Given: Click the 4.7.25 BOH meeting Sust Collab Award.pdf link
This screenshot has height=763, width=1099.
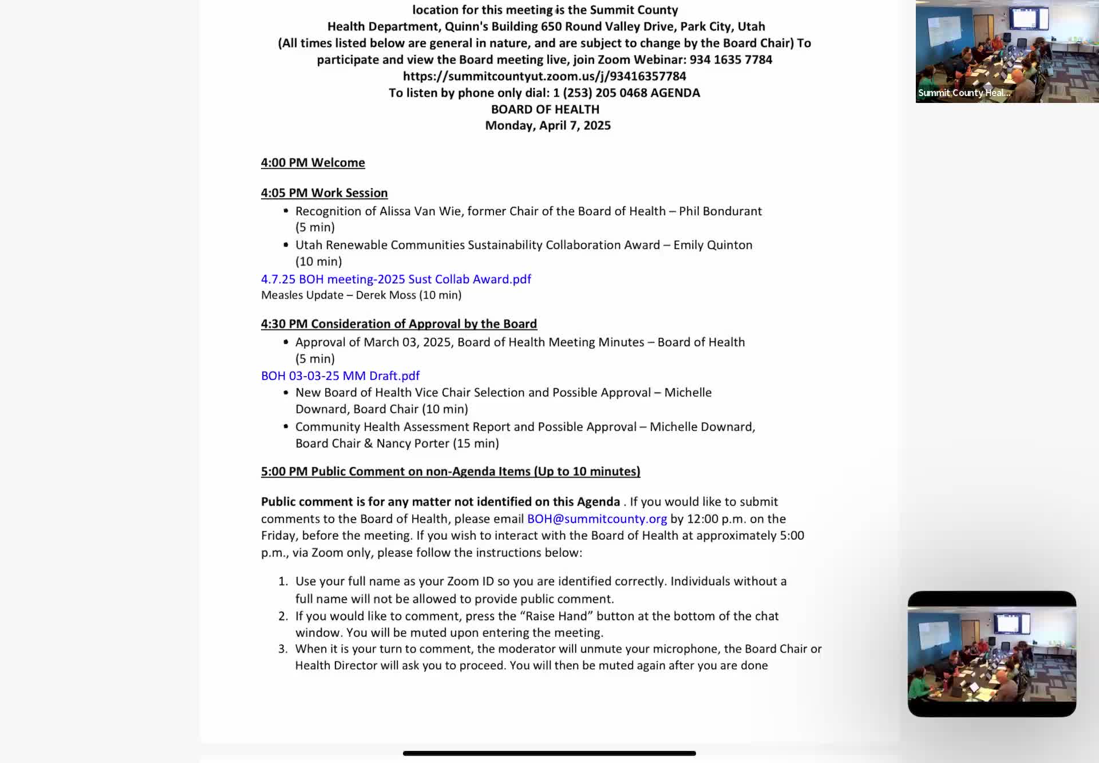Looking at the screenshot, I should [x=396, y=279].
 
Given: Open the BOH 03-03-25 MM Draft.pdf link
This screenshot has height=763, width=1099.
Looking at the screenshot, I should [x=340, y=376].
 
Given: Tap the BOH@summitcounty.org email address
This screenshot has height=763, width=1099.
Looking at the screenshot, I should [x=596, y=519].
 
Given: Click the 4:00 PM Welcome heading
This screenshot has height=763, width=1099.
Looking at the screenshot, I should [x=313, y=162].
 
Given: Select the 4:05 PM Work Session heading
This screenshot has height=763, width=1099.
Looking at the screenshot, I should [x=324, y=193].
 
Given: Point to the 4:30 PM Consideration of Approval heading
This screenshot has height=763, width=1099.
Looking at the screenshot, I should [x=398, y=324].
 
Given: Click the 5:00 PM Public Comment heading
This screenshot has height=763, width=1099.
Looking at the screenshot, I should [x=450, y=471].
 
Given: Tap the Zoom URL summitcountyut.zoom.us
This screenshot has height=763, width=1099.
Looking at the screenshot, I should [x=544, y=76].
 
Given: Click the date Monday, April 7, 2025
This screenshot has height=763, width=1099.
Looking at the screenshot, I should [x=548, y=125].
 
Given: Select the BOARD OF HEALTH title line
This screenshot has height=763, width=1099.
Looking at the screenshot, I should [x=545, y=109].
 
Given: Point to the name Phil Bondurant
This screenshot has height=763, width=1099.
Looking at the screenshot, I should [x=720, y=211].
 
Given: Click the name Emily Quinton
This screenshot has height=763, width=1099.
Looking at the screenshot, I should [x=713, y=245].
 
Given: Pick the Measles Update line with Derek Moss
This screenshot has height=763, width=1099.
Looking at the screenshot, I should [x=361, y=295].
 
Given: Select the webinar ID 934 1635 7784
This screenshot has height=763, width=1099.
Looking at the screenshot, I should [x=730, y=59].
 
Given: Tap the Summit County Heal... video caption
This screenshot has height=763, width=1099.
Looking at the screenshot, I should [x=964, y=93].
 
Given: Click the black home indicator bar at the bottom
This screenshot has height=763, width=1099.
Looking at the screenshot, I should [x=549, y=753].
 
